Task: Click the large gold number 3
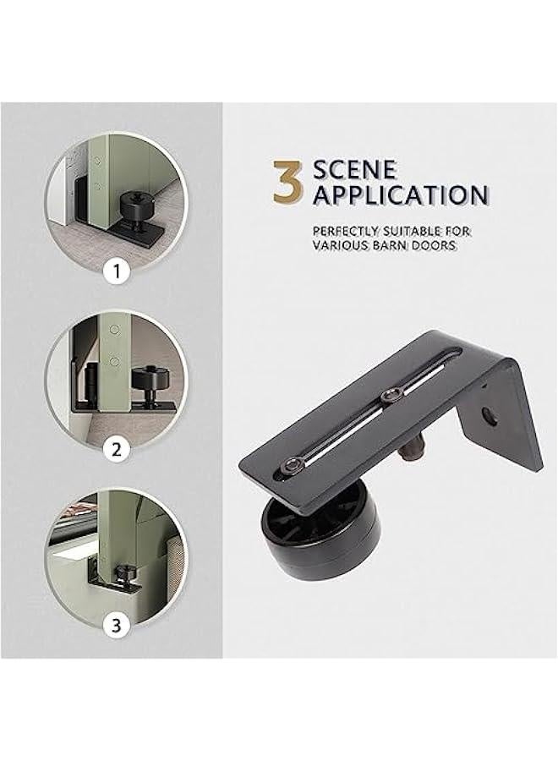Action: [x=288, y=183]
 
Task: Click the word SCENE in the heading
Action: [x=355, y=170]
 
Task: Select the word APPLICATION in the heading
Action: [x=401, y=194]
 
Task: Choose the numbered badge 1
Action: [x=116, y=272]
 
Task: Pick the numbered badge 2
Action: [x=116, y=450]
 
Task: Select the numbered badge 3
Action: [x=116, y=625]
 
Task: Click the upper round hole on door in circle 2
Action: [x=114, y=330]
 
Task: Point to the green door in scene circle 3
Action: [x=115, y=529]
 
